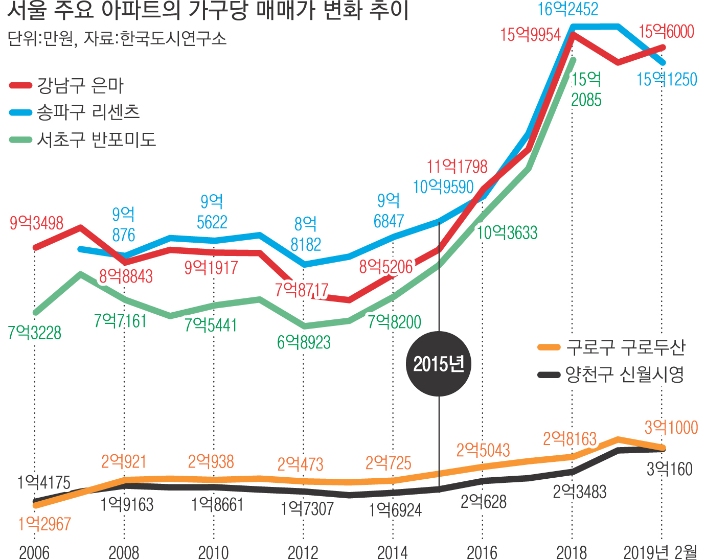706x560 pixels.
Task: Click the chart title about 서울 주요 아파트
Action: [x=208, y=11]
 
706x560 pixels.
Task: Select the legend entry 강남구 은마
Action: [x=80, y=85]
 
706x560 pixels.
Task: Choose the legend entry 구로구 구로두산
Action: [x=625, y=347]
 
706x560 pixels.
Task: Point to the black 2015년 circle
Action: [x=439, y=364]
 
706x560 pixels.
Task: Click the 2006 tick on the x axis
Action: [x=34, y=552]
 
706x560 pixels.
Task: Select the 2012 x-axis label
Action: [x=303, y=552]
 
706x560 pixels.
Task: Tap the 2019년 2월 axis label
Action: [x=661, y=552]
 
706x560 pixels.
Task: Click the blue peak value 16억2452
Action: [x=568, y=9]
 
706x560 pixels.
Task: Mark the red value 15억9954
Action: [x=530, y=35]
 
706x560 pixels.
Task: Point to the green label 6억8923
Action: [x=304, y=342]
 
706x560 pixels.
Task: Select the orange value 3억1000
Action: [x=671, y=427]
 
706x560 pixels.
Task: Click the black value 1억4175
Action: [x=44, y=482]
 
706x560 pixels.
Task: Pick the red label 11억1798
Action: [x=457, y=167]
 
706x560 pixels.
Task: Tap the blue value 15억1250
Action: [x=667, y=79]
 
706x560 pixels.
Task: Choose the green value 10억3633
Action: [x=507, y=233]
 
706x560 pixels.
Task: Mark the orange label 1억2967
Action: [x=44, y=524]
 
